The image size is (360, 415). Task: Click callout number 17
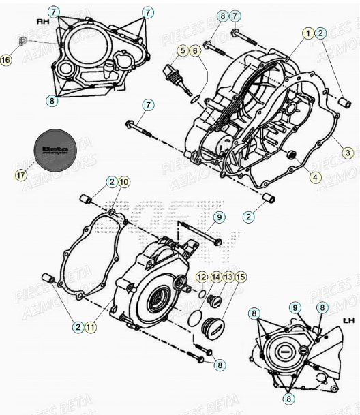coord(21,175)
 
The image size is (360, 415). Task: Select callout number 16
coord(6,61)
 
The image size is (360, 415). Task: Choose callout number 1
coord(308,33)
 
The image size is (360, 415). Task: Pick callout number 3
coord(348,153)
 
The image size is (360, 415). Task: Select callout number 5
coord(182,50)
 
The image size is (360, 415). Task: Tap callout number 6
coord(194,50)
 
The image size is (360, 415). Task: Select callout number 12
coord(202,276)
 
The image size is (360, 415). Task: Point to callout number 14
coord(215,276)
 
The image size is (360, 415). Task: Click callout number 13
coord(228,276)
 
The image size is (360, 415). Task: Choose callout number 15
coord(241,276)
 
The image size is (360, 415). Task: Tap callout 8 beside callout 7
coord(222,16)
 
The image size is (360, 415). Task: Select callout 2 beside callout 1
coord(321,33)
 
